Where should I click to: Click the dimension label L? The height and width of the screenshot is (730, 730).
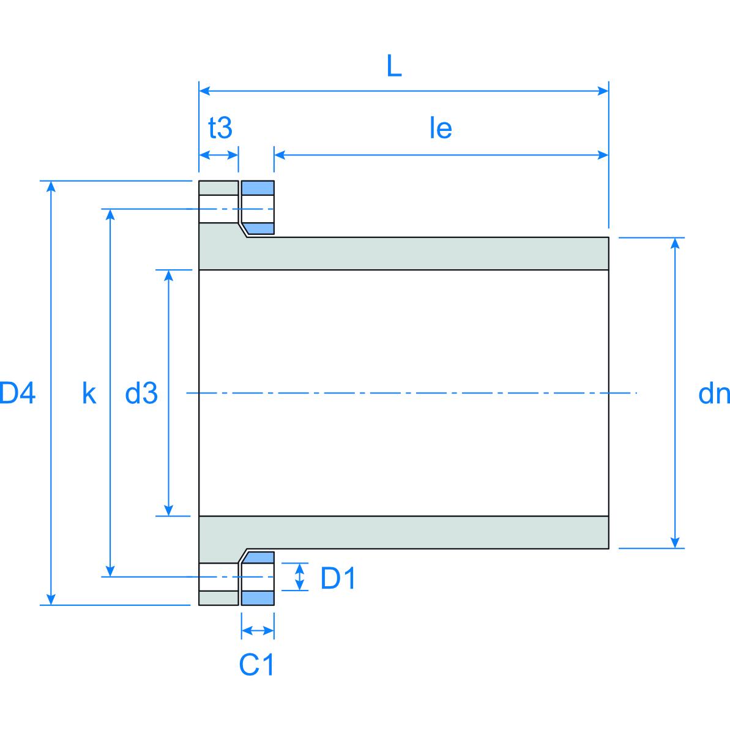pos(394,66)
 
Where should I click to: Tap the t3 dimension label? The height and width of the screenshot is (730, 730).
pos(220,128)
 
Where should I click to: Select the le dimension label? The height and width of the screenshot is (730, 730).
pos(441,128)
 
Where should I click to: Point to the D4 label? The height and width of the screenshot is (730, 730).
pos(17,393)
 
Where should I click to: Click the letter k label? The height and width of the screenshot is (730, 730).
pos(89,393)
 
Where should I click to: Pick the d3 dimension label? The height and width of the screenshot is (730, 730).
pos(141,393)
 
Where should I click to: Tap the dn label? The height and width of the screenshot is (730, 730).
pos(713,393)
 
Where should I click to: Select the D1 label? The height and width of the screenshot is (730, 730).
pos(338,578)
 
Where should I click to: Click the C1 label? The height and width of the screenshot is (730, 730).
pos(257,665)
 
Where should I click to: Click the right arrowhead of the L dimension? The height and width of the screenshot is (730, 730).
pos(603,91)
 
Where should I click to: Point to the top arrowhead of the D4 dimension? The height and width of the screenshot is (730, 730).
pos(51,187)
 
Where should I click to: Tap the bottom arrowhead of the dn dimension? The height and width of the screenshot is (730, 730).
pos(675,543)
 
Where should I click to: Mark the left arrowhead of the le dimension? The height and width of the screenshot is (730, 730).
pos(280,155)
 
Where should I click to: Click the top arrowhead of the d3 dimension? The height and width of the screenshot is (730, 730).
pos(169,275)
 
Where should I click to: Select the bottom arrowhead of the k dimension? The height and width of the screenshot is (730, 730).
pos(110,571)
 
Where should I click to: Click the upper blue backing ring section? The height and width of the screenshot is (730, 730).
pos(258,188)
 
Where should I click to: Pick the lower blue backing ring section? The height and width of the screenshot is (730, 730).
pos(258,598)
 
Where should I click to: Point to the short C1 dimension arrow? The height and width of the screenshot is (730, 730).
pos(258,630)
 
